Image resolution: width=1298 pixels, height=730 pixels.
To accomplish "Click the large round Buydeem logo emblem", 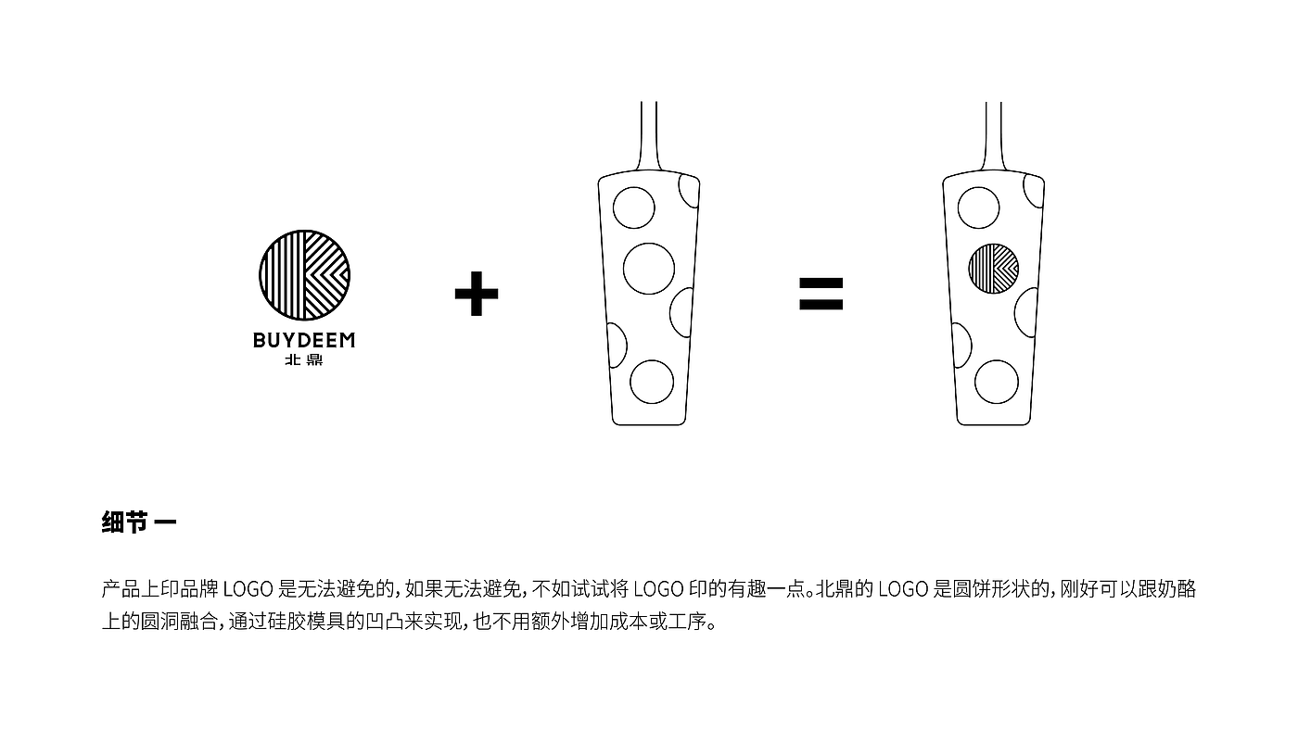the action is pyautogui.click(x=304, y=275).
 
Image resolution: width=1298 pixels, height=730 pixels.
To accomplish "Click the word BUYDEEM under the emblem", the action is pyautogui.click(x=304, y=340).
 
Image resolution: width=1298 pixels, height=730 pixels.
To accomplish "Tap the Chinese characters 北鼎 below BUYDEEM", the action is pyautogui.click(x=304, y=361).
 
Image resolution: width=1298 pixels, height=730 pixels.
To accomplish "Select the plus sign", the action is pyautogui.click(x=477, y=295).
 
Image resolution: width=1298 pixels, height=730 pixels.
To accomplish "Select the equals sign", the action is pyautogui.click(x=821, y=295).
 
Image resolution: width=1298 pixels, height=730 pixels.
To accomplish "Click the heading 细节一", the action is pyautogui.click(x=139, y=522).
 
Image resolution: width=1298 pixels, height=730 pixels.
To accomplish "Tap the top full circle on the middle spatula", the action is pyautogui.click(x=635, y=208).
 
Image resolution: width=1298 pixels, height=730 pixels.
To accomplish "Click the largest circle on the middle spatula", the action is pyautogui.click(x=649, y=269).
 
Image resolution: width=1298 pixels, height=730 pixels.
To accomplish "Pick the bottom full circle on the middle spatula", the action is pyautogui.click(x=652, y=381).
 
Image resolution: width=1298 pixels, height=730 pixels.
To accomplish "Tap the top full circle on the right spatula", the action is pyautogui.click(x=978, y=208).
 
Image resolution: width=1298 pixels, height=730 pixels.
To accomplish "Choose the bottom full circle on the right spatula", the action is pyautogui.click(x=997, y=381).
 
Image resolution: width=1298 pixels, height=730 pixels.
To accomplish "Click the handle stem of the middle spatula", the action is pyautogui.click(x=649, y=134).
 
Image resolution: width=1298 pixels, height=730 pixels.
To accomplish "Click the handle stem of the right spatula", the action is pyautogui.click(x=994, y=134).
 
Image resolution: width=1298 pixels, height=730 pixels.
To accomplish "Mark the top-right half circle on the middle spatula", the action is pyautogui.click(x=688, y=190).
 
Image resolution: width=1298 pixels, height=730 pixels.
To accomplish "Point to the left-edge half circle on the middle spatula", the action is pyautogui.click(x=616, y=346).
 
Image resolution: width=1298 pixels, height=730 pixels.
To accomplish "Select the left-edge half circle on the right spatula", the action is pyautogui.click(x=961, y=346).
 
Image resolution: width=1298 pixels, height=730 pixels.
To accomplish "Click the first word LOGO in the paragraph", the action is pyautogui.click(x=248, y=589).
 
